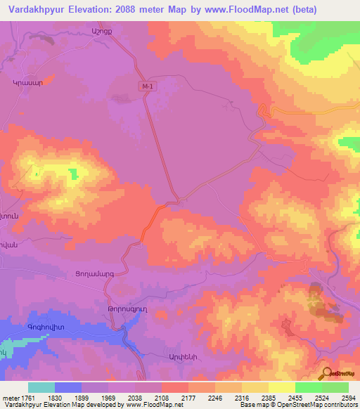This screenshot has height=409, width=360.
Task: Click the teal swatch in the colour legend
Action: click(41, 387)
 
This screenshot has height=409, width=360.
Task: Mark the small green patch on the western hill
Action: click(73, 172)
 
